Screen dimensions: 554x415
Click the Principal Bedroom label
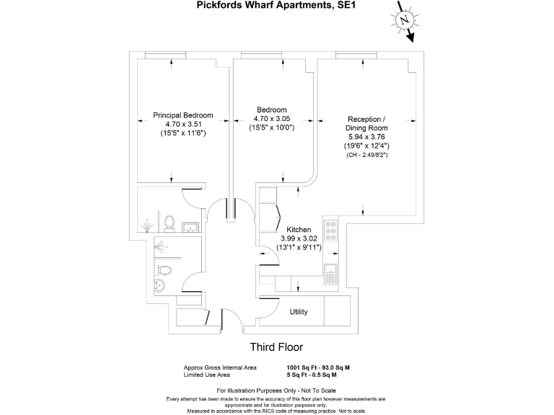[183, 115]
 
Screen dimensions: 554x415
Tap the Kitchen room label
[299, 230]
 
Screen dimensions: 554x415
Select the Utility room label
[299, 311]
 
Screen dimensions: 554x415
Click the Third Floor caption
[277, 347]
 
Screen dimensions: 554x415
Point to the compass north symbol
[405, 20]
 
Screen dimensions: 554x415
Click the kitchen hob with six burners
[331, 231]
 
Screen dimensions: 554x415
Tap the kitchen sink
[331, 274]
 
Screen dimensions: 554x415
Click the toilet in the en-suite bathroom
[170, 223]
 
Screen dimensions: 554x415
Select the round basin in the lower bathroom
[160, 285]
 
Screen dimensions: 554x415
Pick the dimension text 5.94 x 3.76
[366, 137]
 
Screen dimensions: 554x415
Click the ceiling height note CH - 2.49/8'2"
[366, 155]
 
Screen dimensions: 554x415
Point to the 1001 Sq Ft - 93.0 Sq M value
[318, 367]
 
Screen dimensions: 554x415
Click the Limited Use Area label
[207, 375]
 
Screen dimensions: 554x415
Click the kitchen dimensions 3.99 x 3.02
[299, 238]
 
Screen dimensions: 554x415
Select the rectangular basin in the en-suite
[190, 227]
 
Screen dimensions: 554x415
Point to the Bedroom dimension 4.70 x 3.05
[272, 119]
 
